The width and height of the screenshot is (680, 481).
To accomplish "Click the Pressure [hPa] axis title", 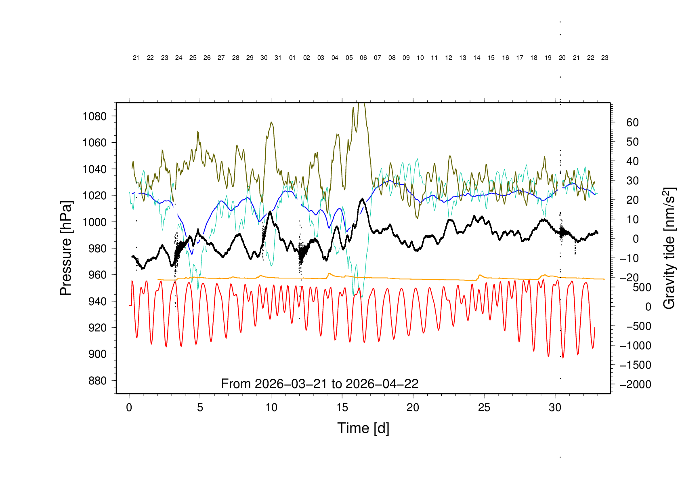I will [x=65, y=248].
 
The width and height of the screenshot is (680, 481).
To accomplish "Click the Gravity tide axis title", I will [x=669, y=248].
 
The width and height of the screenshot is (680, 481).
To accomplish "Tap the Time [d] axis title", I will [x=363, y=428].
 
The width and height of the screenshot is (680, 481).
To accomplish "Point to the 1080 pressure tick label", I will [x=94, y=116].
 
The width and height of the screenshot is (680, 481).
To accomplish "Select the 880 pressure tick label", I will [x=97, y=381].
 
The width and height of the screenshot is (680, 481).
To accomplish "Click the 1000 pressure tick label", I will [x=94, y=222].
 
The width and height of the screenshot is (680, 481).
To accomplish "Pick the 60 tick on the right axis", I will [x=632, y=122].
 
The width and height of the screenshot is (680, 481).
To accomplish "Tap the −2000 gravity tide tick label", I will [x=636, y=384].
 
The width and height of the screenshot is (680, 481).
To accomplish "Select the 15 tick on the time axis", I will [x=342, y=407].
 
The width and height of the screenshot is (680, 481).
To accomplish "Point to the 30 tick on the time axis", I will [x=555, y=407].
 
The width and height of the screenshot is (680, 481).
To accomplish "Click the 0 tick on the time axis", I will [x=129, y=407].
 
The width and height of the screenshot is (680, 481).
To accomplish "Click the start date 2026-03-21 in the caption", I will [x=293, y=384].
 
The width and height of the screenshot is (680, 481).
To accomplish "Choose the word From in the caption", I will [x=236, y=384].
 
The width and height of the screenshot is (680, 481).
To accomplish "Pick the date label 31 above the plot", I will [x=278, y=58].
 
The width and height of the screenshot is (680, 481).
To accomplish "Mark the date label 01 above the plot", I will [x=292, y=58].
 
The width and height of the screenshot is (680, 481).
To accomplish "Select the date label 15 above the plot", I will [x=491, y=58].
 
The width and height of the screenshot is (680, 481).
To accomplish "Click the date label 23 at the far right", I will [x=604, y=58].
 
